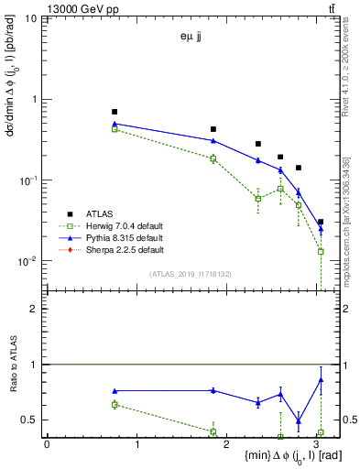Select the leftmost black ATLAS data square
point(115,112)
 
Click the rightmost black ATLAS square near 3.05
point(321,222)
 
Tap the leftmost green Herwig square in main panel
point(115,129)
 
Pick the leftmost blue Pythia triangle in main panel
point(115,123)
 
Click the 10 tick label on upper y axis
point(30,18)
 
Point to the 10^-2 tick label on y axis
point(27,261)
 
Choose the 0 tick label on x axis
point(47,443)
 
